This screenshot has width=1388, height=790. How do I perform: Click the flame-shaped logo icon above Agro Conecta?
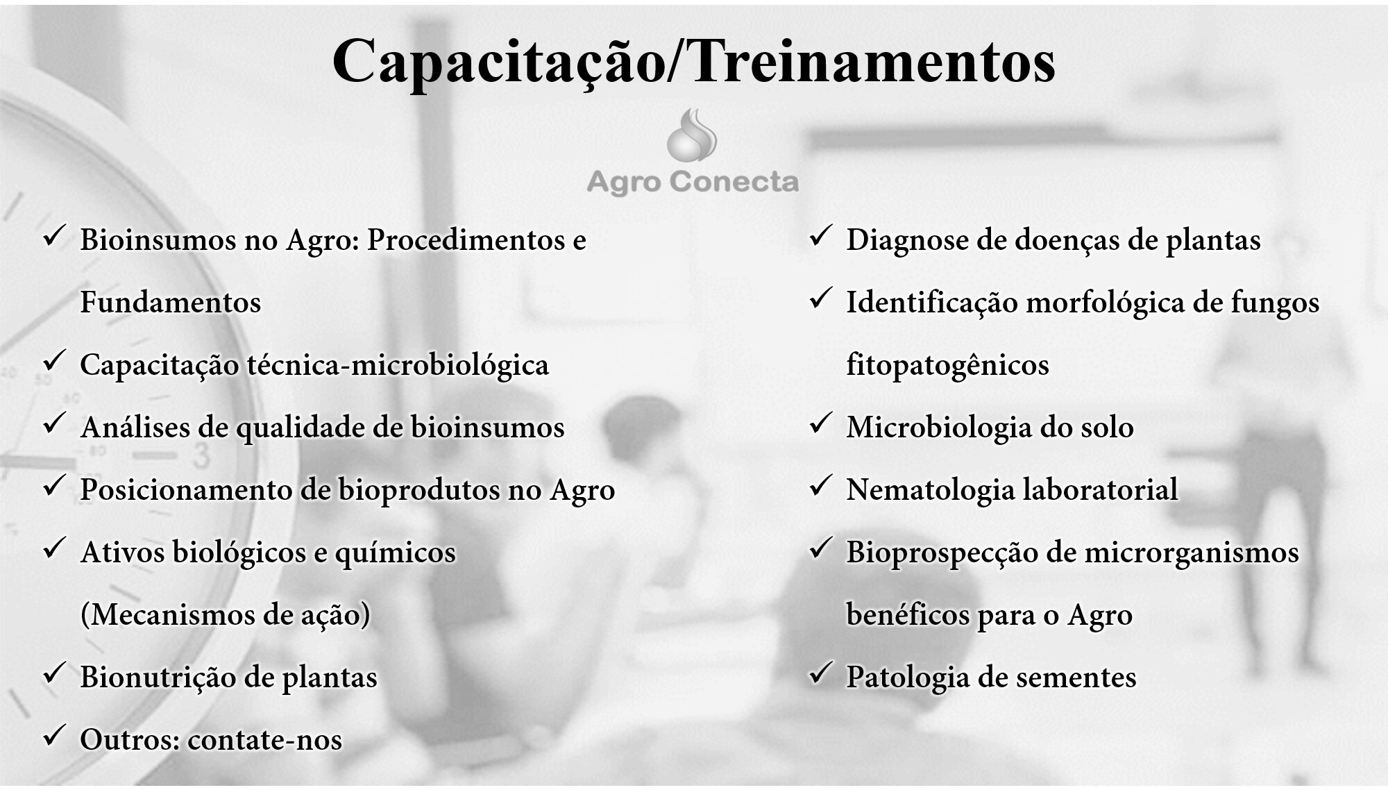692,135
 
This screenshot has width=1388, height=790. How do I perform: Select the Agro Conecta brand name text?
693,182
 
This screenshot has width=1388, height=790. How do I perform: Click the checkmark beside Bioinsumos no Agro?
54,237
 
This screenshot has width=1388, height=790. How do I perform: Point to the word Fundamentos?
171,303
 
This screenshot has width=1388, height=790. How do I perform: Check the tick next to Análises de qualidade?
54,423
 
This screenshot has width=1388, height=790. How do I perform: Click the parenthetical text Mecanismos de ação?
226,615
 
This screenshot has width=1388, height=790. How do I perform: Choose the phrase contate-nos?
264,740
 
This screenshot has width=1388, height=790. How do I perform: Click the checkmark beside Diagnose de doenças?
821,237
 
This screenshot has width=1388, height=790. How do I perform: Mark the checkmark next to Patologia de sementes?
821,673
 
